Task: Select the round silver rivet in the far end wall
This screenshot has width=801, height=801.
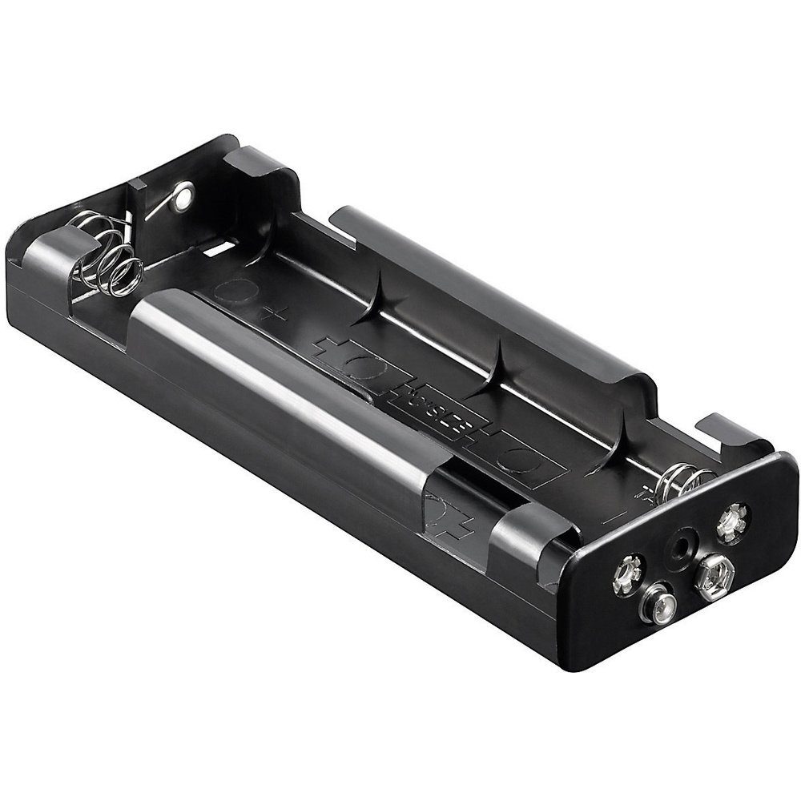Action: [184, 192]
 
